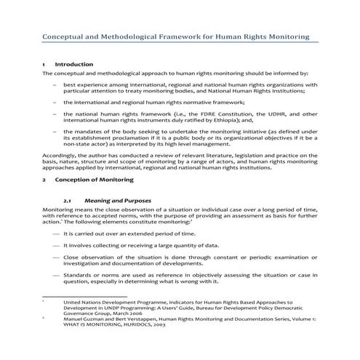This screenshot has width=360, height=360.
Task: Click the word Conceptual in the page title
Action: coord(66,36)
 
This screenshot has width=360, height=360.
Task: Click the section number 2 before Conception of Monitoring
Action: coord(44,178)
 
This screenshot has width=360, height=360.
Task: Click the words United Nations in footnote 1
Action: coord(82,301)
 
